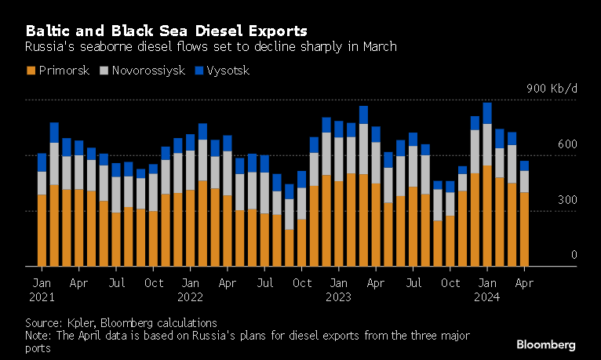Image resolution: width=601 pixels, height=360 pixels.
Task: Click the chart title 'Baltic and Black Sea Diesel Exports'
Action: click(x=166, y=31)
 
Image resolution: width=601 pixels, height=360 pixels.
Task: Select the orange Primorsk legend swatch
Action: click(x=31, y=71)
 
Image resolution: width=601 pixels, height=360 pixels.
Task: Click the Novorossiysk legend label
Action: click(x=148, y=71)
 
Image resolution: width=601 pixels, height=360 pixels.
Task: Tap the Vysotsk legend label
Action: click(x=228, y=71)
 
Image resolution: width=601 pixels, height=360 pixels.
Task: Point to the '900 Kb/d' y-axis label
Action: click(x=552, y=89)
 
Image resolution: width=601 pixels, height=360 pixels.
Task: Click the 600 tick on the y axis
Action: click(x=568, y=144)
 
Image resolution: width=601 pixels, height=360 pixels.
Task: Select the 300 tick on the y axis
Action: click(x=568, y=200)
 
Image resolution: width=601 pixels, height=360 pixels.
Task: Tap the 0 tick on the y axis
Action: click(x=574, y=255)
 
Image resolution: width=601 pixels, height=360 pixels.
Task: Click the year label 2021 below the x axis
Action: click(x=42, y=296)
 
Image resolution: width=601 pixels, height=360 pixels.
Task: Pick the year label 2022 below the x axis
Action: click(x=191, y=296)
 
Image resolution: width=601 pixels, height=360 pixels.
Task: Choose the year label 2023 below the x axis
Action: click(x=339, y=296)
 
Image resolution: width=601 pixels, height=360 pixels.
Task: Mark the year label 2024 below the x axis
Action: click(x=487, y=296)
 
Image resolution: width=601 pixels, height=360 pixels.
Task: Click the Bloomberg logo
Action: click(x=546, y=344)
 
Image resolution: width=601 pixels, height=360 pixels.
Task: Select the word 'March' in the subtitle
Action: click(x=378, y=46)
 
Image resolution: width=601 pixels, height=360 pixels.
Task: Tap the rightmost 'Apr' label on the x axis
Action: click(x=525, y=282)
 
